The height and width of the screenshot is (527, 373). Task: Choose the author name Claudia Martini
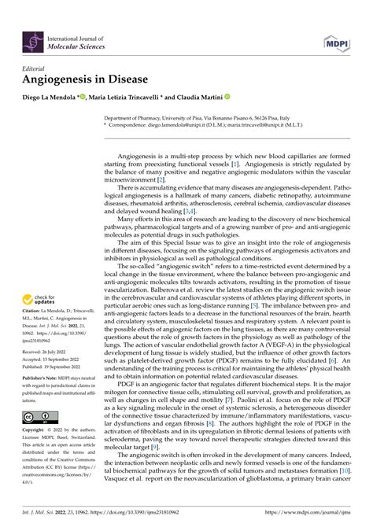pyautogui.click(x=194, y=98)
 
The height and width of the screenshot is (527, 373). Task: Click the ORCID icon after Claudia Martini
pyautogui.click(x=227, y=98)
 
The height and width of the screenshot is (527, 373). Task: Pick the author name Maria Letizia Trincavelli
pyautogui.click(x=124, y=98)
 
